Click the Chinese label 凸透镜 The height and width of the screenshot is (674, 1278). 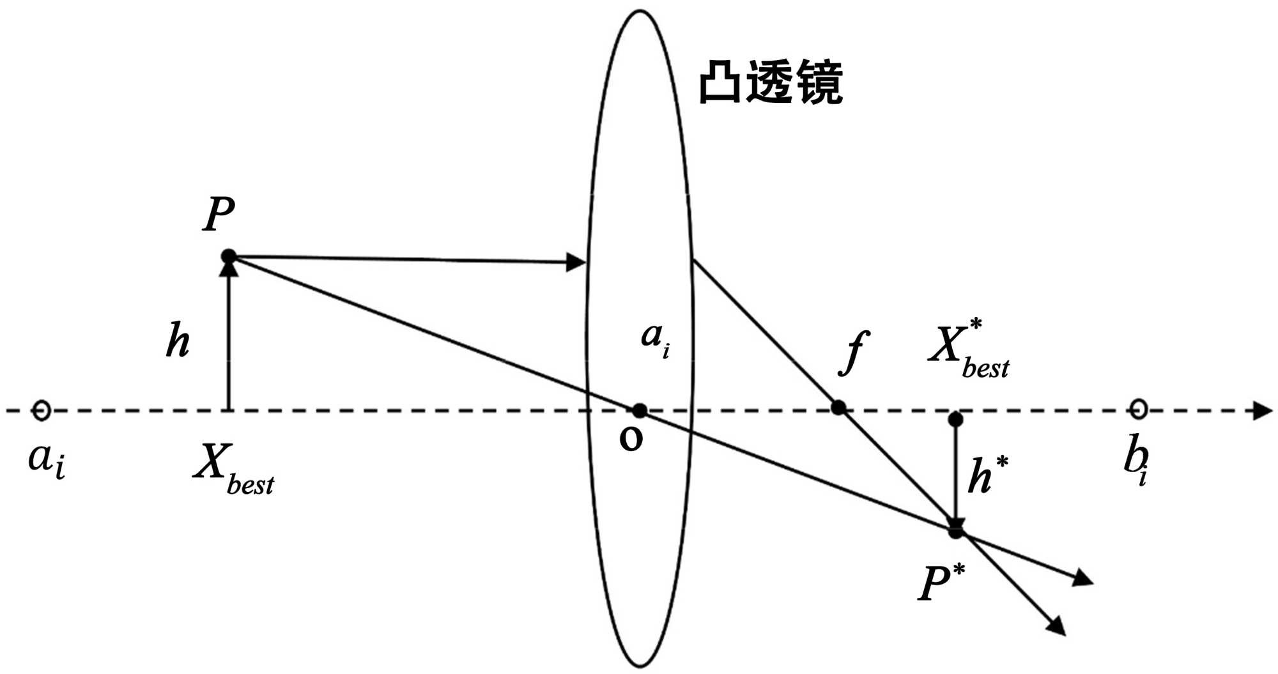(771, 83)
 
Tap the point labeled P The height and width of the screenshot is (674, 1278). (229, 257)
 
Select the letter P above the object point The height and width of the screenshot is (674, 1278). (219, 215)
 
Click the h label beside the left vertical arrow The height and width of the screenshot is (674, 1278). (178, 341)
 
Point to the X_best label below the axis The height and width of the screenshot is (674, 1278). (233, 470)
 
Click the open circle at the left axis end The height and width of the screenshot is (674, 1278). (42, 410)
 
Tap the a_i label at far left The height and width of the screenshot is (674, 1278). (47, 460)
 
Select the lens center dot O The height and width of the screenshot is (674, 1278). (639, 411)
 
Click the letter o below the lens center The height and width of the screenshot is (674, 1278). (631, 439)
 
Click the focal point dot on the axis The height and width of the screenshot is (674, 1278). (838, 407)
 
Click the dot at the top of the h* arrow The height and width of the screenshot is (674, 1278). (955, 420)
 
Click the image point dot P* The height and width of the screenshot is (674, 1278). (955, 531)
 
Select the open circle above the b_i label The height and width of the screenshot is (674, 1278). (1139, 409)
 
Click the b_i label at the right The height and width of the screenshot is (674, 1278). (1136, 463)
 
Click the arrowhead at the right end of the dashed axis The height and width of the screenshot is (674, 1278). (1262, 411)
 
